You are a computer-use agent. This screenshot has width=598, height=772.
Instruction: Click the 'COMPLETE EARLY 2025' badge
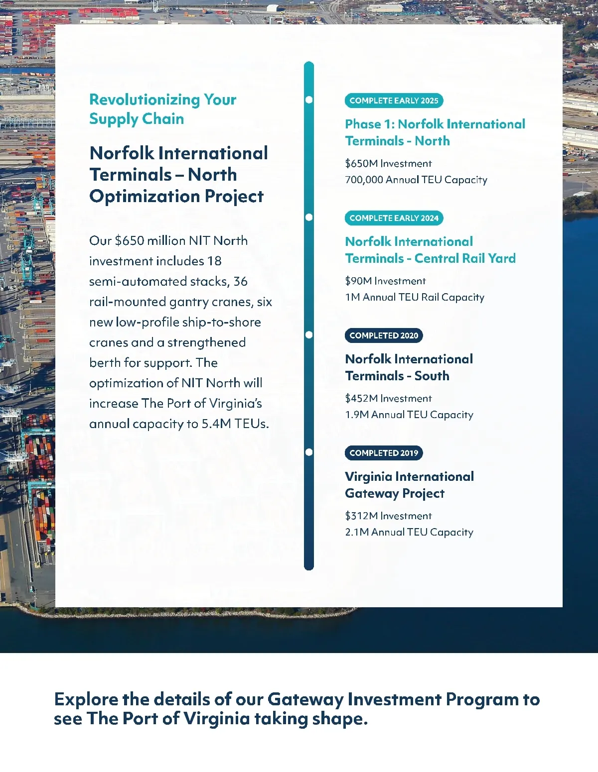point(394,101)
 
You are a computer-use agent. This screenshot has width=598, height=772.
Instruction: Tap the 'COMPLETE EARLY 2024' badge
point(394,218)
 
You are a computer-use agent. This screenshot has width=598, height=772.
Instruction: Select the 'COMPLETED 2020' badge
point(384,335)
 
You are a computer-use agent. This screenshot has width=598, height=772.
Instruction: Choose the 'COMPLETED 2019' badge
point(384,453)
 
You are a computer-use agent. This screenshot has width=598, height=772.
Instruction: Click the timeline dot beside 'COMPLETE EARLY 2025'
point(309,100)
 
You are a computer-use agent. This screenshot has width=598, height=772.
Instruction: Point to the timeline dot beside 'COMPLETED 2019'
point(309,452)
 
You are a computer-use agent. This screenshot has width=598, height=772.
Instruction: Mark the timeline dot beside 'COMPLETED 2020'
point(309,334)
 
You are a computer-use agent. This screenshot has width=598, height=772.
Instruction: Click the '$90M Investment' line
point(385,281)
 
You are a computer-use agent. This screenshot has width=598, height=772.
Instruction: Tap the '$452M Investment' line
point(388,398)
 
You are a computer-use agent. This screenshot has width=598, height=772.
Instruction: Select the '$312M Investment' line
point(388,516)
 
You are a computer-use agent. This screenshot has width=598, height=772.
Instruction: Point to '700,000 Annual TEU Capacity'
point(416,180)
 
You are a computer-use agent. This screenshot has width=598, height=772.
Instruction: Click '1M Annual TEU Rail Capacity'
point(415,297)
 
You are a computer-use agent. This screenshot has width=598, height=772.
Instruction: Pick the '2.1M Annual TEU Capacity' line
point(409,532)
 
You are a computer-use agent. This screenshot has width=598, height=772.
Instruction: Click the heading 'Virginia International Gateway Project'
point(409,485)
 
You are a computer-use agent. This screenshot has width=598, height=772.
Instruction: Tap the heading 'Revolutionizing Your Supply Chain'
point(162,109)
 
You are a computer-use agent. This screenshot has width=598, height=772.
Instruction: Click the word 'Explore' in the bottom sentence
point(86,699)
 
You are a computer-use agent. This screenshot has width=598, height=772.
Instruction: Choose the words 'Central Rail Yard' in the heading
point(465,258)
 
